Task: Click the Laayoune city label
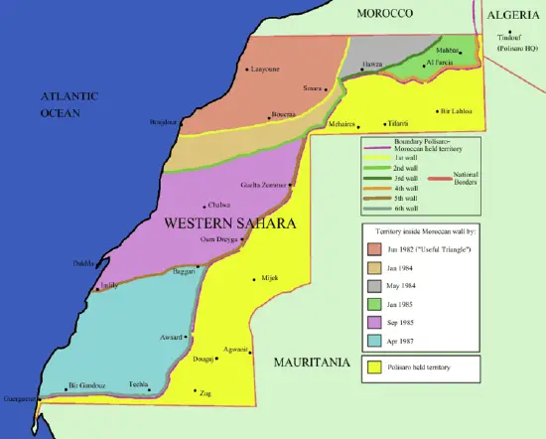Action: tap(265, 70)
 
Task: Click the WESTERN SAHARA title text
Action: tap(229, 223)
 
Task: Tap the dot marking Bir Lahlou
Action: tap(436, 111)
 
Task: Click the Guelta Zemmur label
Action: tap(264, 185)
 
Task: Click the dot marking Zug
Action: tap(195, 391)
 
